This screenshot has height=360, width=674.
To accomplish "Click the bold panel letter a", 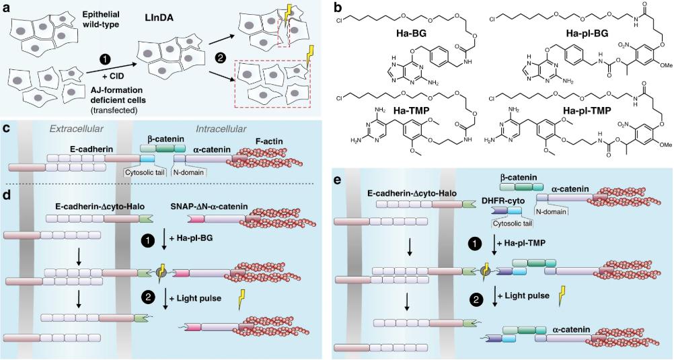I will tap(6, 7).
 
